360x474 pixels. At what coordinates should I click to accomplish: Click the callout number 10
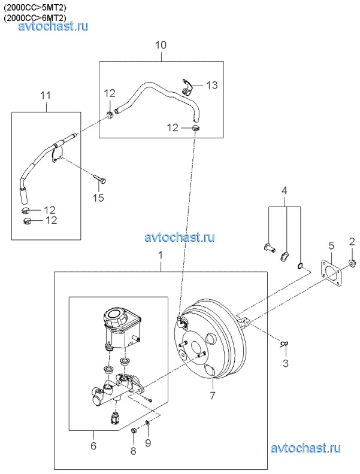click(161, 45)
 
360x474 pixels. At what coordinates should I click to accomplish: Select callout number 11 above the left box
click(46, 96)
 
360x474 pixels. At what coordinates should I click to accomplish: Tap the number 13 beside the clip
click(212, 85)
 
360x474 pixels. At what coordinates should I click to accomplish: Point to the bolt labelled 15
click(99, 179)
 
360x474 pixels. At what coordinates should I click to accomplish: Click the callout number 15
click(98, 197)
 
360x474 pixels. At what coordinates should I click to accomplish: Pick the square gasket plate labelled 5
click(331, 272)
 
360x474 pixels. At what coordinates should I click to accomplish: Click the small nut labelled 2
click(352, 263)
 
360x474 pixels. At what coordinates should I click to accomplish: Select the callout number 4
click(284, 191)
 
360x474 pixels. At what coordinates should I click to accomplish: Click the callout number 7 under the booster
click(212, 395)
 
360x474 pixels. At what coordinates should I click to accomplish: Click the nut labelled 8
click(134, 430)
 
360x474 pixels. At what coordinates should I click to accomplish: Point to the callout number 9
click(147, 443)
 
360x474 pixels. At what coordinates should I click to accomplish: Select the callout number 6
click(93, 445)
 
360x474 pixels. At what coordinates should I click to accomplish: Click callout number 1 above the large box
click(161, 256)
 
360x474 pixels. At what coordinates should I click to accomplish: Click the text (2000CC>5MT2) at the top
click(35, 7)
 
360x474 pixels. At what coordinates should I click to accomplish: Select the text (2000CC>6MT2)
click(35, 18)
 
